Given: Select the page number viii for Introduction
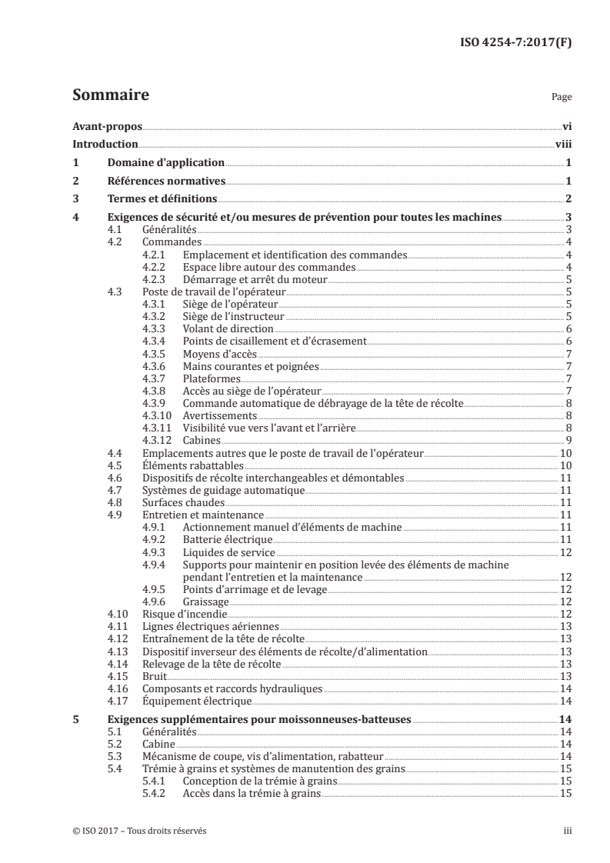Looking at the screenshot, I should [562, 144].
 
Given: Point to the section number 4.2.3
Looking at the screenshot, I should [155, 279].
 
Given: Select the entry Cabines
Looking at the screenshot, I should [202, 441].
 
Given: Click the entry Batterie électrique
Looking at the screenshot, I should [223, 540].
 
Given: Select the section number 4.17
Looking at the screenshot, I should [117, 701].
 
